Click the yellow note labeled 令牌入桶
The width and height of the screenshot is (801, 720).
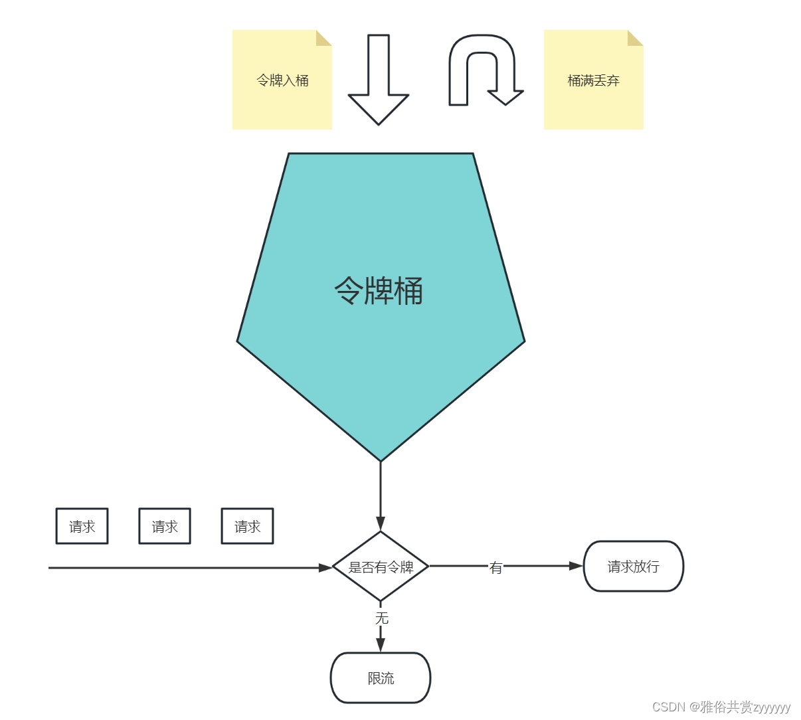pyautogui.click(x=282, y=80)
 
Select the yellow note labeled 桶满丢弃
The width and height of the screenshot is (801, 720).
pyautogui.click(x=593, y=80)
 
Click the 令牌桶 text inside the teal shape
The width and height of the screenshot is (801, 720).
pyautogui.click(x=379, y=291)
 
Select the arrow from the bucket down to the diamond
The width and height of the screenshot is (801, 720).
pyautogui.click(x=381, y=495)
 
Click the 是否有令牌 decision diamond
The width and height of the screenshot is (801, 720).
pyautogui.click(x=381, y=567)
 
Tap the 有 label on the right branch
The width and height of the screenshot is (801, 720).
pyautogui.click(x=495, y=567)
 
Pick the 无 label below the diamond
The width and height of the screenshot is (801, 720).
pyautogui.click(x=381, y=618)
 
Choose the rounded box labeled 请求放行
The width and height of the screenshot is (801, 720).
pyautogui.click(x=633, y=567)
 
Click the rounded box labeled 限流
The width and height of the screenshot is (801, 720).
pyautogui.click(x=381, y=678)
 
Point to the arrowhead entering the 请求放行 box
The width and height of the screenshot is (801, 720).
pyautogui.click(x=576, y=566)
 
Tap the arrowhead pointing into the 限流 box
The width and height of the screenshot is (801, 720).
pyautogui.click(x=381, y=644)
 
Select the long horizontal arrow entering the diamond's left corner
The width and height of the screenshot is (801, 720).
pyautogui.click(x=186, y=568)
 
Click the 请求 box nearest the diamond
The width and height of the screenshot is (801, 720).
pyautogui.click(x=247, y=526)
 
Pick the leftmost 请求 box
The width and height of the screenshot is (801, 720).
pyautogui.click(x=82, y=526)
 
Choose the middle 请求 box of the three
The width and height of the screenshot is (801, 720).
pyautogui.click(x=165, y=526)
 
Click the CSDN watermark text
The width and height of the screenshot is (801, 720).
pyautogui.click(x=721, y=707)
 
